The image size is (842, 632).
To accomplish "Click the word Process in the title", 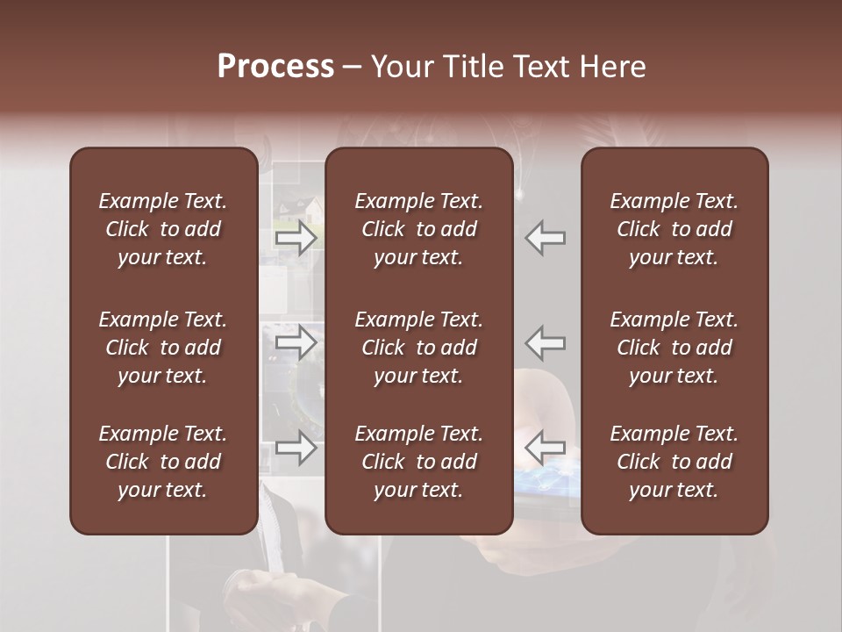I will coord(275,67).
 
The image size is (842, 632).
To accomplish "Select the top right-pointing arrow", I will coord(296,238).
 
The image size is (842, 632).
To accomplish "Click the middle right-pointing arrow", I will coord(296,342).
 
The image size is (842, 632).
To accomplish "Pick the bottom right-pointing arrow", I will coord(296,448).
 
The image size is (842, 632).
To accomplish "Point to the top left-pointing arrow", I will coord(545,238).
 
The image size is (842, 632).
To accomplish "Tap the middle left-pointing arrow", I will coord(545,342).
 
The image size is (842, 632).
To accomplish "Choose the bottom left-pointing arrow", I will coord(545,448).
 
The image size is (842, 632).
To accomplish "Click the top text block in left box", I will coord(163,229).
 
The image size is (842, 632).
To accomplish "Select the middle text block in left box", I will coord(163,348).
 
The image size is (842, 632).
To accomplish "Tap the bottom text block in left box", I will coord(163,462).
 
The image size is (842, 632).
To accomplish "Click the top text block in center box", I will coord(418,229).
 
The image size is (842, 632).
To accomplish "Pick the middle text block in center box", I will coord(418,348).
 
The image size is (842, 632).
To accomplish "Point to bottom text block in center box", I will coord(418,462).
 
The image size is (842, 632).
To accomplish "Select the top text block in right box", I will coord(674,229).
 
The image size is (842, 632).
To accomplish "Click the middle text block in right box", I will coord(674,348).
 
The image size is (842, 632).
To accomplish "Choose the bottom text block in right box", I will coord(674,462).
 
